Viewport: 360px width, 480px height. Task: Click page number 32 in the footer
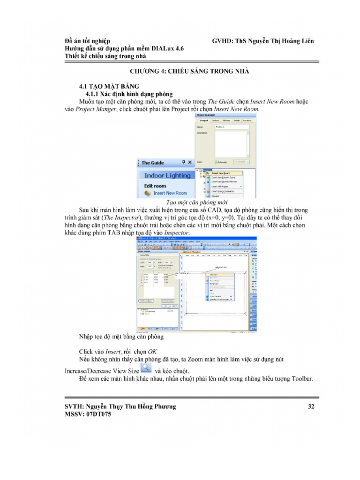[x=311, y=406]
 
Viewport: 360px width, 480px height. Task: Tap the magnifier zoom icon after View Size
[x=146, y=368]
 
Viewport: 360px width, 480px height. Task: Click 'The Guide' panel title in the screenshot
[x=153, y=163]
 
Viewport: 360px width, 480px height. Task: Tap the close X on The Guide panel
[x=189, y=162]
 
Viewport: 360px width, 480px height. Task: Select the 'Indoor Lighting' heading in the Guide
[x=167, y=175]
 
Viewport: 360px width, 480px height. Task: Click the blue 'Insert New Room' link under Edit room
[x=170, y=193]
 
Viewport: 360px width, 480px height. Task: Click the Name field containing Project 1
[x=232, y=127]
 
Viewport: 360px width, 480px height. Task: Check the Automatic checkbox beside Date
[x=216, y=162]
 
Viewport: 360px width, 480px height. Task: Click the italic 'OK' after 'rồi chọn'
[x=152, y=351]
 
